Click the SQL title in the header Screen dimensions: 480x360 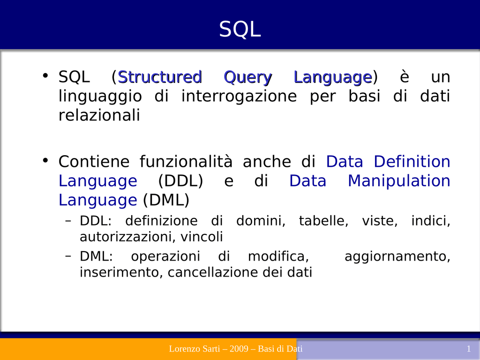point(240,30)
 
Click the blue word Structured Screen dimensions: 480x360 point(160,77)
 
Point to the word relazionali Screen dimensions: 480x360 point(99,115)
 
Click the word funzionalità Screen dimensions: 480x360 point(186,161)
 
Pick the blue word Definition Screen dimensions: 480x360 point(412,161)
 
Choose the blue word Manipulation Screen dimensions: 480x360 point(399,181)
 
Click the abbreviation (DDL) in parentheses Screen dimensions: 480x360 point(180,181)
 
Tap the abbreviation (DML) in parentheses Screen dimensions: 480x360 point(166,201)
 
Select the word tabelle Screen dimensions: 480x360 point(323,221)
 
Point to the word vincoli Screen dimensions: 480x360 point(202,237)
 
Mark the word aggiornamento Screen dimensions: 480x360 point(397,256)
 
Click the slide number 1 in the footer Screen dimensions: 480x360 point(468,349)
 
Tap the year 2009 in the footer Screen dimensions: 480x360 point(239,349)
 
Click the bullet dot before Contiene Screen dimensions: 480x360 point(45,160)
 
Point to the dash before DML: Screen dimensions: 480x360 point(68,256)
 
